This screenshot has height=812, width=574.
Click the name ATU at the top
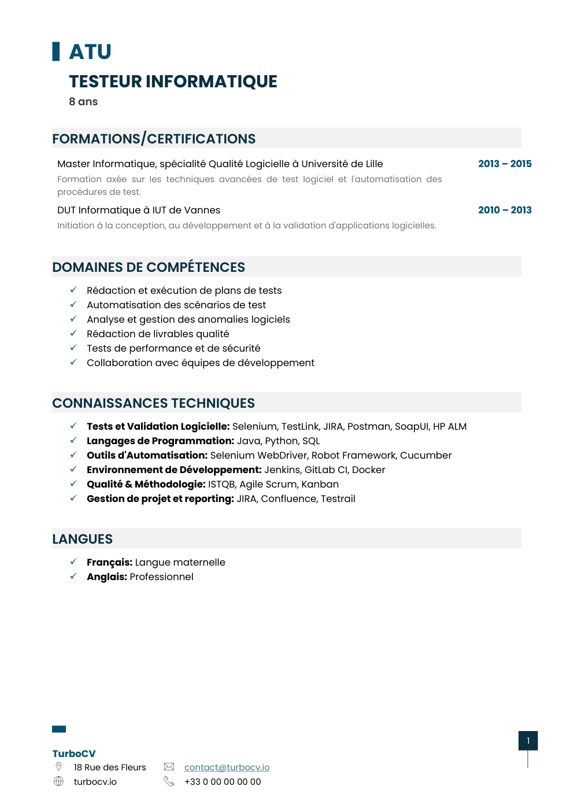(90, 52)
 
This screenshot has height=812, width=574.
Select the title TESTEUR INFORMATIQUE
(173, 82)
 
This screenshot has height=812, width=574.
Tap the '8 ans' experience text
(83, 102)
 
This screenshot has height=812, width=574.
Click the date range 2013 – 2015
(505, 164)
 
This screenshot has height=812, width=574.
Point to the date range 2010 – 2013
(505, 210)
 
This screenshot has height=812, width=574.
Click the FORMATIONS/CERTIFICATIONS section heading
(154, 139)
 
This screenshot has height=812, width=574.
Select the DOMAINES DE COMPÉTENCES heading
(149, 267)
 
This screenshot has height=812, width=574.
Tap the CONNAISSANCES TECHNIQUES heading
(153, 403)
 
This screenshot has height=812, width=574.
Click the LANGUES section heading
(82, 539)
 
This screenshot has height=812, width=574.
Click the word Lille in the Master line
(374, 164)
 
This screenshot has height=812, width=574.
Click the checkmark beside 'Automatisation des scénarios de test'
(73, 304)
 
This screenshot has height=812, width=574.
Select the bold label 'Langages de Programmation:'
(160, 441)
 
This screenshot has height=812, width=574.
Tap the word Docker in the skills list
(368, 470)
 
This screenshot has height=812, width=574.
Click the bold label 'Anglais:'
(107, 577)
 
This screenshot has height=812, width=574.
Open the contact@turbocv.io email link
(227, 767)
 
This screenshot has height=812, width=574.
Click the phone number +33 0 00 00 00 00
(223, 782)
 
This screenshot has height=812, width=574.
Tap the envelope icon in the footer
(169, 767)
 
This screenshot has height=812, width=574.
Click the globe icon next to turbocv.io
(58, 781)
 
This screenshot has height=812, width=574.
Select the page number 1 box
(528, 741)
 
